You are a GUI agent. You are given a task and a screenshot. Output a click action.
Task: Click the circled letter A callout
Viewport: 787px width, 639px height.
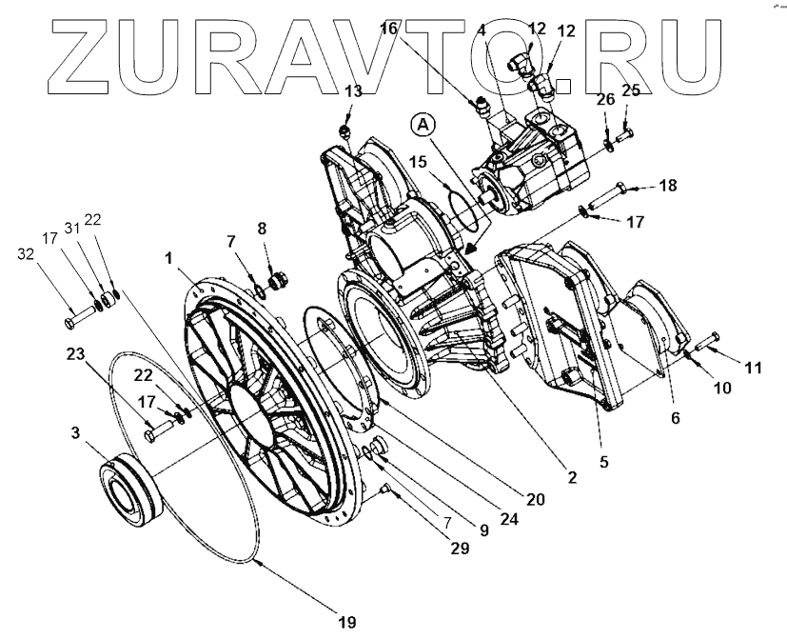pyautogui.click(x=423, y=125)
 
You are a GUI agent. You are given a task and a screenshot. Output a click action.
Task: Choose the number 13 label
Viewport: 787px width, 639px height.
pyautogui.click(x=354, y=91)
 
